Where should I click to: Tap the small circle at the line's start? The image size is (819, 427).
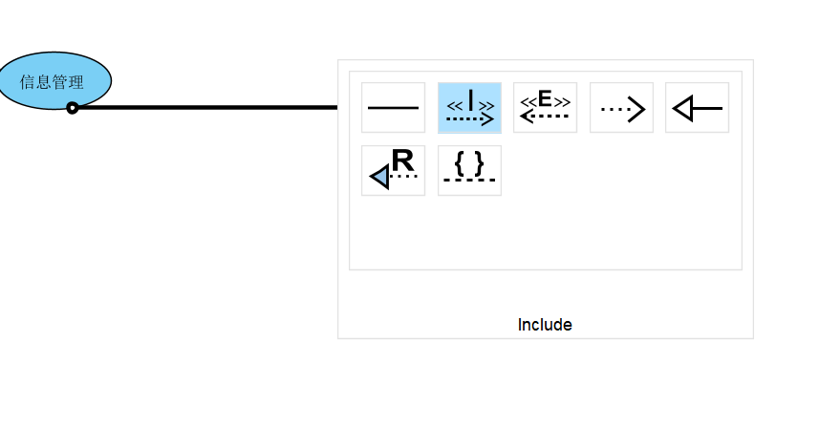[73, 108]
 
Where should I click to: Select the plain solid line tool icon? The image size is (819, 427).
[393, 108]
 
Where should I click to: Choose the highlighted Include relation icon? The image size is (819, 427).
[469, 108]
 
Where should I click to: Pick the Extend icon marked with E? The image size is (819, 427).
[545, 108]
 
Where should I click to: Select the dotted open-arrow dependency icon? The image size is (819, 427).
[621, 108]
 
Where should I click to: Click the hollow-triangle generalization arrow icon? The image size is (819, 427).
[697, 108]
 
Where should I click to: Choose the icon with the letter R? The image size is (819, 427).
[393, 170]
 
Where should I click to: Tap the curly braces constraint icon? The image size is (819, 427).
[469, 170]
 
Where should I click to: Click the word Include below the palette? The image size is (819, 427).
[545, 325]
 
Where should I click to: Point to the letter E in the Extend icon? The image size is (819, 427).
[545, 98]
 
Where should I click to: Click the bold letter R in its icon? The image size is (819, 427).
[402, 160]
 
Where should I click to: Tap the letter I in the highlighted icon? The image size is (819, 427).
[470, 99]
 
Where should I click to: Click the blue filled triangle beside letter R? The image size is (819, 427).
[379, 177]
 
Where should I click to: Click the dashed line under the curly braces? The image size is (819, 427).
[469, 180]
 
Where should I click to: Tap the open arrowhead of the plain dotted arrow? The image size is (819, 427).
[637, 110]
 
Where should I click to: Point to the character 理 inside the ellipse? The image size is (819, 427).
[76, 83]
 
